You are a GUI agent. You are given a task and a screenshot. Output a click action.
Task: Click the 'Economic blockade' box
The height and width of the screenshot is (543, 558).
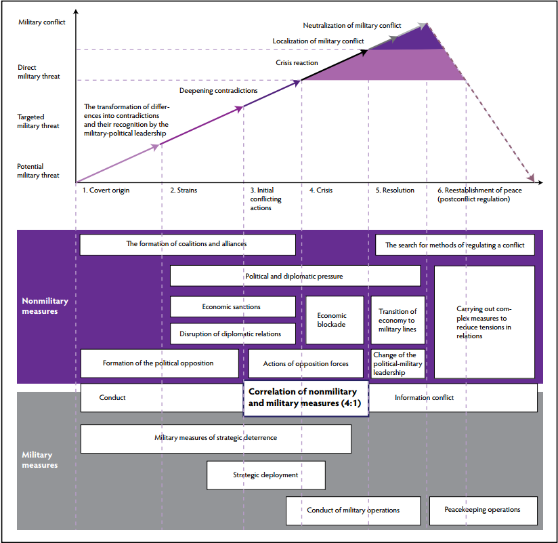tap(335, 320)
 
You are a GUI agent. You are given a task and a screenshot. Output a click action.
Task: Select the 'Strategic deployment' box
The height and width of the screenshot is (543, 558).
tap(266, 475)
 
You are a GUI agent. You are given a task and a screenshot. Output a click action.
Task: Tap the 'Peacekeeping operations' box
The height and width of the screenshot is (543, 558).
tap(484, 510)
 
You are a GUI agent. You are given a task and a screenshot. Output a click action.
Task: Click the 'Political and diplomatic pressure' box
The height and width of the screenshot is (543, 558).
tap(295, 276)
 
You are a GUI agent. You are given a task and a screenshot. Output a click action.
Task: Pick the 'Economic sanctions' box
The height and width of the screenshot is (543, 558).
tap(233, 306)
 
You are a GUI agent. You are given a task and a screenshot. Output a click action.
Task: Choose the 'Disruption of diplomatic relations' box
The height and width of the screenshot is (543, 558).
tap(233, 334)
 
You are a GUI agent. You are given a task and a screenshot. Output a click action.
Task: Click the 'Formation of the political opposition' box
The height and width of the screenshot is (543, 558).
tap(159, 363)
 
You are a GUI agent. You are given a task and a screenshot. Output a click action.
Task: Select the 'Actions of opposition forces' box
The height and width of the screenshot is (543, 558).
tap(305, 363)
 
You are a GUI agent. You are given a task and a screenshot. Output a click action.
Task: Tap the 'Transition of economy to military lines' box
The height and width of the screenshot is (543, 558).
tap(398, 320)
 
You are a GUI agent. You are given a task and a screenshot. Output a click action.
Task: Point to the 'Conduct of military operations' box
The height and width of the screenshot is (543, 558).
tap(353, 510)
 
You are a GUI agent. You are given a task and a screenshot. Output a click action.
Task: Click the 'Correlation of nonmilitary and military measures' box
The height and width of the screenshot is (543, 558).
tap(305, 398)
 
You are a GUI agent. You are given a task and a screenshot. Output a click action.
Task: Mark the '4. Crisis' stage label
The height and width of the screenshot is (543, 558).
tap(321, 190)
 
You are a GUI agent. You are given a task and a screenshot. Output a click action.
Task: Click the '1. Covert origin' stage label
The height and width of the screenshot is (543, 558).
tap(106, 190)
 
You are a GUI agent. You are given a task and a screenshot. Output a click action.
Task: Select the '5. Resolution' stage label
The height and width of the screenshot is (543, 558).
tap(395, 190)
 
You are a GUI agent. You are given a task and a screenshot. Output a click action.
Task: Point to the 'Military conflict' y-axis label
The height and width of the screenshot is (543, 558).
tap(42, 22)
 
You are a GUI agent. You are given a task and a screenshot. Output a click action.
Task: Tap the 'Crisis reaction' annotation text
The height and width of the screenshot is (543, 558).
tap(297, 63)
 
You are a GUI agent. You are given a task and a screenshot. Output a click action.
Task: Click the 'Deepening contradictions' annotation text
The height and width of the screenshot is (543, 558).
tap(219, 91)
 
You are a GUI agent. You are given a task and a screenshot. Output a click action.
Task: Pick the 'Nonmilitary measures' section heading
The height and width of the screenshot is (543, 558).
tap(45, 306)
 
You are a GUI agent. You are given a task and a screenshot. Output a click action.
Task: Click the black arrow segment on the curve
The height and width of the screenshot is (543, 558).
tap(335, 65)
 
